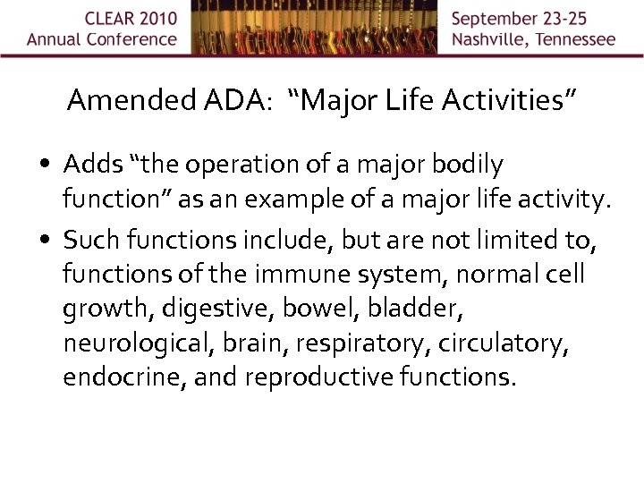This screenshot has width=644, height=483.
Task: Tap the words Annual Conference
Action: [x=102, y=39]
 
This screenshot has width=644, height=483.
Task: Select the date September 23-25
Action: [x=533, y=19]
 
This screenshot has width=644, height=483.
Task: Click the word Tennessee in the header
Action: [x=574, y=39]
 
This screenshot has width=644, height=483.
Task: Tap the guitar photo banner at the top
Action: [x=314, y=27]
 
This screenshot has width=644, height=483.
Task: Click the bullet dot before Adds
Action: [x=46, y=165]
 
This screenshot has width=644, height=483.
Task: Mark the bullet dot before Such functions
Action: [x=46, y=240]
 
